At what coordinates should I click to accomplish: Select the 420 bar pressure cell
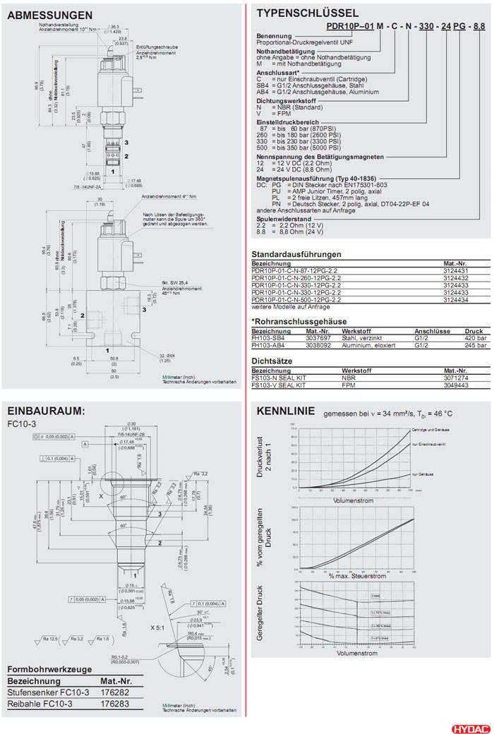[x=476, y=337]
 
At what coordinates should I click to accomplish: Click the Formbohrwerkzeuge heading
[x=49, y=669]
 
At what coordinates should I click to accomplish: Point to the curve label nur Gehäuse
[x=422, y=476]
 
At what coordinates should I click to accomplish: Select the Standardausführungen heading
[x=296, y=254]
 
